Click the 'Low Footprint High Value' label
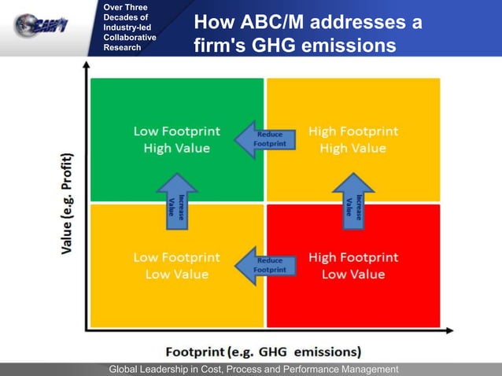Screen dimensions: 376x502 tap(176, 139)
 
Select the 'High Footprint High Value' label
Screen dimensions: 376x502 tap(353, 139)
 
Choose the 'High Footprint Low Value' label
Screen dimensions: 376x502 tap(353, 266)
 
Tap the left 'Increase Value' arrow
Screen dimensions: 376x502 tap(177, 201)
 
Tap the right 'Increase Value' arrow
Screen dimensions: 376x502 tap(353, 201)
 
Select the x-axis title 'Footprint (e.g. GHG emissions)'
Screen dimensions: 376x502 tap(263, 351)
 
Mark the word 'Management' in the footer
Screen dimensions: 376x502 tap(368, 370)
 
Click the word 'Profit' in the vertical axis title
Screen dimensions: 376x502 tap(69, 167)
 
